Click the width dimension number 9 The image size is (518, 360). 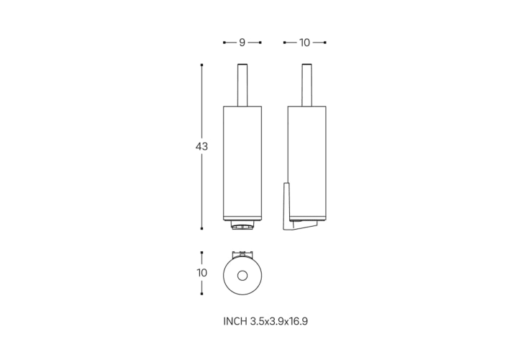click(x=242, y=42)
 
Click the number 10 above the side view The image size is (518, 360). click(x=304, y=42)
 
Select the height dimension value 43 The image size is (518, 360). click(x=201, y=146)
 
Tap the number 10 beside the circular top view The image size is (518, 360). click(x=201, y=273)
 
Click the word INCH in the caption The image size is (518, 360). click(x=235, y=321)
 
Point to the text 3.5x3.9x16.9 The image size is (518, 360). click(x=279, y=321)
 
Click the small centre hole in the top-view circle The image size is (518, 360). click(x=242, y=275)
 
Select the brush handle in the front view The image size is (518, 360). click(x=242, y=85)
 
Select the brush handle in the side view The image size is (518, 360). click(x=306, y=85)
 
